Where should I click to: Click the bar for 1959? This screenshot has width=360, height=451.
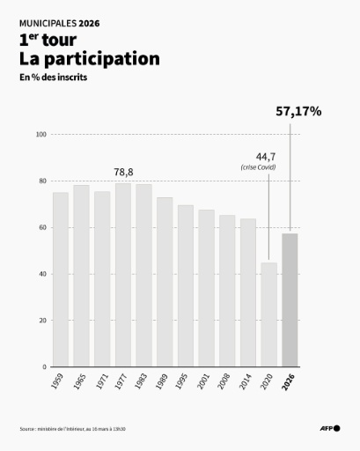(x=61, y=279)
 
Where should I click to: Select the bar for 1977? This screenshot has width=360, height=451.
(x=123, y=275)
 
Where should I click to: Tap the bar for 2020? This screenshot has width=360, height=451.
(x=268, y=314)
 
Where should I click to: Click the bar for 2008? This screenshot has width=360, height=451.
(x=227, y=291)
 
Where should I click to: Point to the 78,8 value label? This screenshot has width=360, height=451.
(x=123, y=172)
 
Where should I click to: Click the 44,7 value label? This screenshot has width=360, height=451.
(x=267, y=156)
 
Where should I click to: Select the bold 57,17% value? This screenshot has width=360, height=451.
(x=298, y=112)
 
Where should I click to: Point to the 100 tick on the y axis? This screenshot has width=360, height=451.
(x=40, y=135)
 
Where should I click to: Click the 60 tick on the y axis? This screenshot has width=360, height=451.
(x=41, y=228)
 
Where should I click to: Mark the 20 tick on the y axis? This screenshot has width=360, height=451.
(x=41, y=321)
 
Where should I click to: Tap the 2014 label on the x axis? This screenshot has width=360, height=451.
(x=248, y=383)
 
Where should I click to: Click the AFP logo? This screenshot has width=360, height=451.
(x=329, y=429)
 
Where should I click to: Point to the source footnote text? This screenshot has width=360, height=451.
(x=73, y=429)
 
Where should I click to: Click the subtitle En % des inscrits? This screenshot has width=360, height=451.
(x=54, y=78)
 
